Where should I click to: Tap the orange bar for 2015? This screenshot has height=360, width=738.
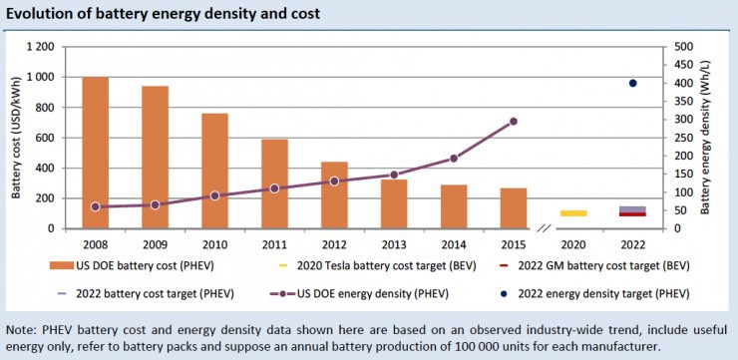pyautogui.click(x=513, y=207)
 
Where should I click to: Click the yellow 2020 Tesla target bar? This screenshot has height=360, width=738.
pyautogui.click(x=572, y=213)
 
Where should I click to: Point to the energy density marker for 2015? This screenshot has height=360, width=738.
pyautogui.click(x=513, y=122)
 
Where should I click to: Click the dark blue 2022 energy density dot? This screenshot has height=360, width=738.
pyautogui.click(x=632, y=83)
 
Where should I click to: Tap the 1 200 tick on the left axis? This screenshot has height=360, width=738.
pyautogui.click(x=38, y=47)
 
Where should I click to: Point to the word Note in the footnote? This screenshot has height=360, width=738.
pyautogui.click(x=22, y=328)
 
